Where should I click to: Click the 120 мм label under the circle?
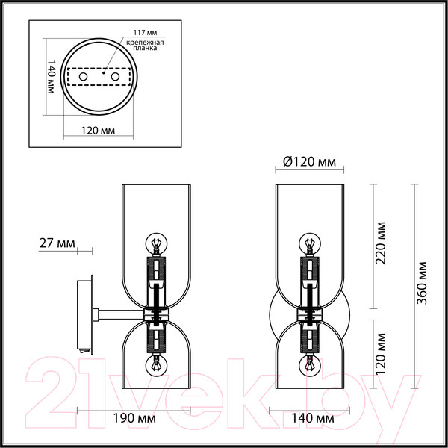tap(97, 129)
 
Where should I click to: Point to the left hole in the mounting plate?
tap(84, 77)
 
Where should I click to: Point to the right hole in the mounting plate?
tap(116, 77)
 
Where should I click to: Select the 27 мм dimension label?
tap(56, 243)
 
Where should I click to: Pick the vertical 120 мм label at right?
tap(382, 350)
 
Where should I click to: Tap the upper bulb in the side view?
tap(157, 243)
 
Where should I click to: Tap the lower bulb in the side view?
tap(157, 366)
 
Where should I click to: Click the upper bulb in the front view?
tap(308, 243)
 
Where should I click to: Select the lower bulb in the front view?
tap(308, 366)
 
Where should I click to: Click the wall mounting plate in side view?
tap(86, 314)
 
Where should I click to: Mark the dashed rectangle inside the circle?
tap(99, 78)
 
